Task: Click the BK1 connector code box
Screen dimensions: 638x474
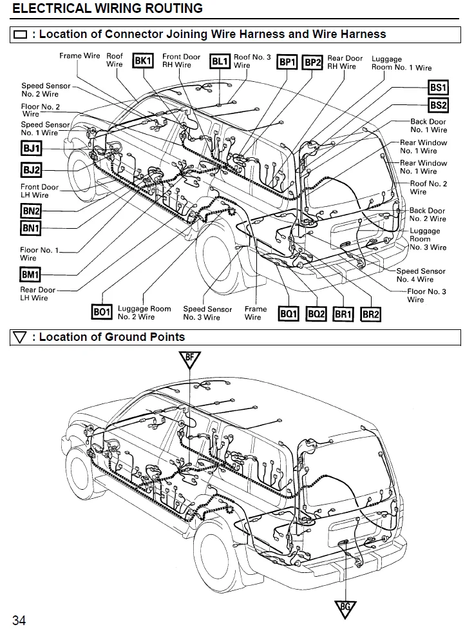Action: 142,61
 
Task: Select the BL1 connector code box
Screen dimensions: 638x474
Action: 220,61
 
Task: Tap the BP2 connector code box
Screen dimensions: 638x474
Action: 312,62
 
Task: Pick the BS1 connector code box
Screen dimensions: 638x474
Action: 438,88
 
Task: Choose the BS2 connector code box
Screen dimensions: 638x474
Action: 438,105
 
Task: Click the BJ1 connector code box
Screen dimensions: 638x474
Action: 31,150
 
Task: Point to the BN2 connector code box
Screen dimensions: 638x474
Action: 31,211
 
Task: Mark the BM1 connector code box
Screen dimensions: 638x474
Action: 30,275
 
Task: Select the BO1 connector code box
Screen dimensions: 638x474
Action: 102,313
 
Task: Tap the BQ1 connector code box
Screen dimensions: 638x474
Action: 288,314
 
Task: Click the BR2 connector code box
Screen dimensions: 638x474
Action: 371,314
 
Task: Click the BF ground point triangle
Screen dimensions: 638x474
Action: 189,358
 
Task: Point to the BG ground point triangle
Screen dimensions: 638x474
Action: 345,607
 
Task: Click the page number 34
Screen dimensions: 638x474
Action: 19,621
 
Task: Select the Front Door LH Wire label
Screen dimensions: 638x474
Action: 39,191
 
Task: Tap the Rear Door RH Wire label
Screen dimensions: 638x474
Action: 345,63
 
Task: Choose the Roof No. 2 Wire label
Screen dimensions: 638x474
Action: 428,188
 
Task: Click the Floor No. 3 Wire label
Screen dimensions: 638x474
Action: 426,295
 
